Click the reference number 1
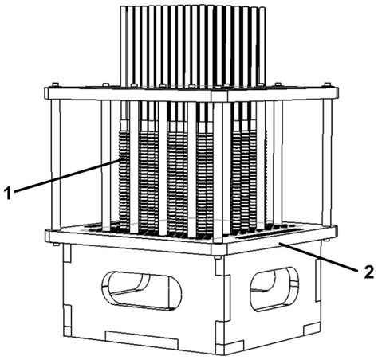[x=9, y=193]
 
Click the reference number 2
[x=368, y=272]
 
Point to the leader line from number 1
[x=68, y=175]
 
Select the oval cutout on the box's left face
[x=141, y=291]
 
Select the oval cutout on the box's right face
[x=274, y=289]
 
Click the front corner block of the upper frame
[x=219, y=96]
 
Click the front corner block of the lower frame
[x=219, y=249]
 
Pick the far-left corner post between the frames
[x=56, y=165]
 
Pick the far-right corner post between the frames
[x=328, y=162]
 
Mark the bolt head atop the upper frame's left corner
[x=55, y=85]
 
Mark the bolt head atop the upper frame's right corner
[x=327, y=84]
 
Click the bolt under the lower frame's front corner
[x=219, y=257]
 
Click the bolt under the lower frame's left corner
[x=56, y=244]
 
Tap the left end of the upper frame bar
[x=47, y=93]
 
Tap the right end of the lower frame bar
[x=336, y=230]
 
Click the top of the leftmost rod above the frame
[x=124, y=7]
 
